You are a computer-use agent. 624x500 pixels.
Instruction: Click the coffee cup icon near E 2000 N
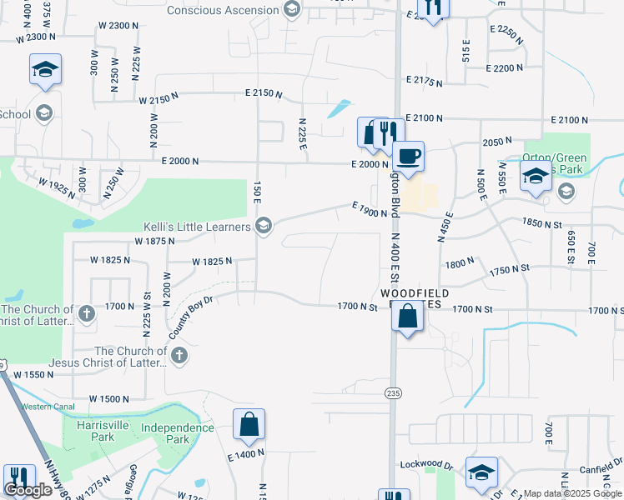coord(408,156)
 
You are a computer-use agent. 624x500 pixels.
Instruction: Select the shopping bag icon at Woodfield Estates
coord(407,317)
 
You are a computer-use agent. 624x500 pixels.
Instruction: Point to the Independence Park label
coord(177,433)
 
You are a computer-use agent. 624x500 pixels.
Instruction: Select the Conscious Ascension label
coord(222,10)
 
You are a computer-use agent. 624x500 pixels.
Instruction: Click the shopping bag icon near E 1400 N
coord(249,424)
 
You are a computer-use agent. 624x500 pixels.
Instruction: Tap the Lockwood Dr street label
coord(431,464)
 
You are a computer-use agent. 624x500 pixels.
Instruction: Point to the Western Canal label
coord(48,407)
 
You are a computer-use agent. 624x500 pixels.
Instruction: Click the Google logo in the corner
coord(28,490)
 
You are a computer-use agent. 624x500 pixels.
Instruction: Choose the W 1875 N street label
coord(153,241)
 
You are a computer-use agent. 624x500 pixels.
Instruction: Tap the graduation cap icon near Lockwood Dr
coord(481,472)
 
